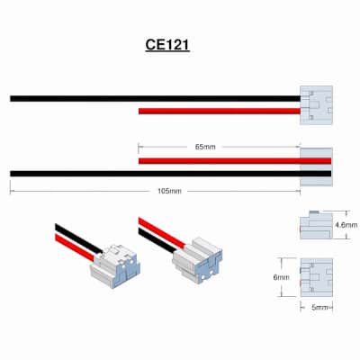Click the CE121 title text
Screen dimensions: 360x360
[167, 45]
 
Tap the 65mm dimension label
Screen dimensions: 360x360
[205, 147]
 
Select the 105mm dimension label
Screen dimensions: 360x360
[169, 191]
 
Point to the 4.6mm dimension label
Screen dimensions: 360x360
[346, 225]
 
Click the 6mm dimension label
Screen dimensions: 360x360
[281, 277]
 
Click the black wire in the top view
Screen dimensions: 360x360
[155, 98]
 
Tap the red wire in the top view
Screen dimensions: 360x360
[220, 112]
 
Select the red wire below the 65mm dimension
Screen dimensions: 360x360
[235, 161]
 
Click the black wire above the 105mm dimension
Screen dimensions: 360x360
[170, 174]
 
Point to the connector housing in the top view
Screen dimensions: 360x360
[316, 105]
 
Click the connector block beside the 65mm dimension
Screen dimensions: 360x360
[316, 166]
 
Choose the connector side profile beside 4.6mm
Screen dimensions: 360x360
[316, 225]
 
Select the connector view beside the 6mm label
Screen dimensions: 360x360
[316, 277]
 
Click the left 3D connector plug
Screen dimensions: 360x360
[115, 266]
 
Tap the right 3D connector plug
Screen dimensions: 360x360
[197, 260]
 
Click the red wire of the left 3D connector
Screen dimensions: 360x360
[75, 247]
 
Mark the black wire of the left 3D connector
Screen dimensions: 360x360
[78, 238]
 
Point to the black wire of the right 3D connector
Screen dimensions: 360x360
[157, 240]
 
